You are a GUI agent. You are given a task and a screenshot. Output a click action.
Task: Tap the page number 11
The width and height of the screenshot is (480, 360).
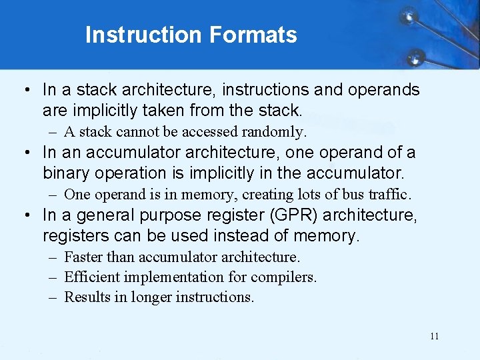pos(435,336)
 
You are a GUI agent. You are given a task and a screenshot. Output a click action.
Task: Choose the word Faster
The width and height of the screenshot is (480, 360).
pos(84,257)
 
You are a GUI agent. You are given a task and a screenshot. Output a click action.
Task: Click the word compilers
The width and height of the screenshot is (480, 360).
pos(287,277)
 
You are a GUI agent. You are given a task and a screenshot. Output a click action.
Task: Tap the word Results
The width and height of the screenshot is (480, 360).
pos(87,297)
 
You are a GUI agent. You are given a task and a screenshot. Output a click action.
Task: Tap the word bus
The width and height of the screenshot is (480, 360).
pos(355,195)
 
